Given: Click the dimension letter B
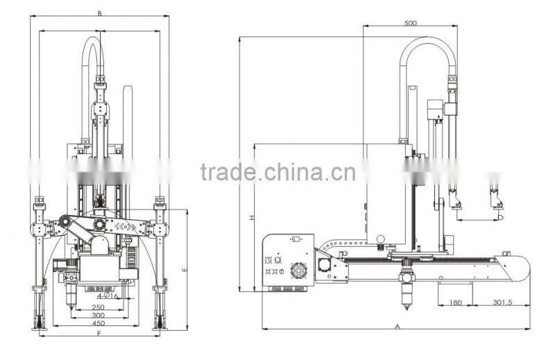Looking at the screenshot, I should [100, 13].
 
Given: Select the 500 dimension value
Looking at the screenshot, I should [410, 22].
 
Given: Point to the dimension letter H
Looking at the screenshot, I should [253, 217].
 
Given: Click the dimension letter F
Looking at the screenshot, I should [100, 334].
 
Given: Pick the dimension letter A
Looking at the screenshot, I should [398, 325].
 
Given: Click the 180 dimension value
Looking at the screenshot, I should [455, 302].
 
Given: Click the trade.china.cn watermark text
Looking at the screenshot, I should [277, 171].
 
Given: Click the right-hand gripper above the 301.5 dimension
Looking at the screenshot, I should [495, 198].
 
